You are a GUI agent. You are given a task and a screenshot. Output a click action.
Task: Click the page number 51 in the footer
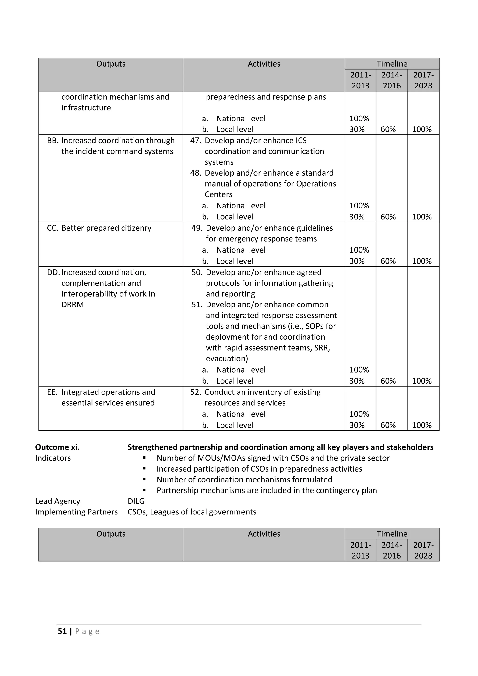click(62, 631)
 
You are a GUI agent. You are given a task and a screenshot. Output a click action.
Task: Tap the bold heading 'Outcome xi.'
click(57, 447)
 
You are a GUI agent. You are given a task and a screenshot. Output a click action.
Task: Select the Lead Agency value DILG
click(136, 501)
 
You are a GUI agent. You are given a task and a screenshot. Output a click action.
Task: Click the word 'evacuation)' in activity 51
click(227, 358)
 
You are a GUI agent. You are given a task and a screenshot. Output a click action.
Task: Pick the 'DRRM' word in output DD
click(72, 304)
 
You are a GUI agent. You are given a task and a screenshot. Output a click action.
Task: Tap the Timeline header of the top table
click(392, 63)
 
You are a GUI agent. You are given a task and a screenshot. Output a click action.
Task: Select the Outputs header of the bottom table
click(111, 534)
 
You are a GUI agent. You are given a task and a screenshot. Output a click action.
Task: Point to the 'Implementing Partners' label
click(76, 512)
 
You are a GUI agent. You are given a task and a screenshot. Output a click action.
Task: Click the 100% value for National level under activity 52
click(359, 414)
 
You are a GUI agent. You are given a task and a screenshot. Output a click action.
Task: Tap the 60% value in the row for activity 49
click(388, 261)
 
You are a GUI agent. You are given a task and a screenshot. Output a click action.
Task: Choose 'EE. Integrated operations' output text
click(101, 392)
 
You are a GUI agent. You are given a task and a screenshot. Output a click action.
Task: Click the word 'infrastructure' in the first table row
click(86, 108)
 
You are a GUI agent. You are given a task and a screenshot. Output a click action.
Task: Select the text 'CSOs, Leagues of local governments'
click(192, 512)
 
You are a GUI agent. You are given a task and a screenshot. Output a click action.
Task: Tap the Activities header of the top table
click(264, 63)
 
